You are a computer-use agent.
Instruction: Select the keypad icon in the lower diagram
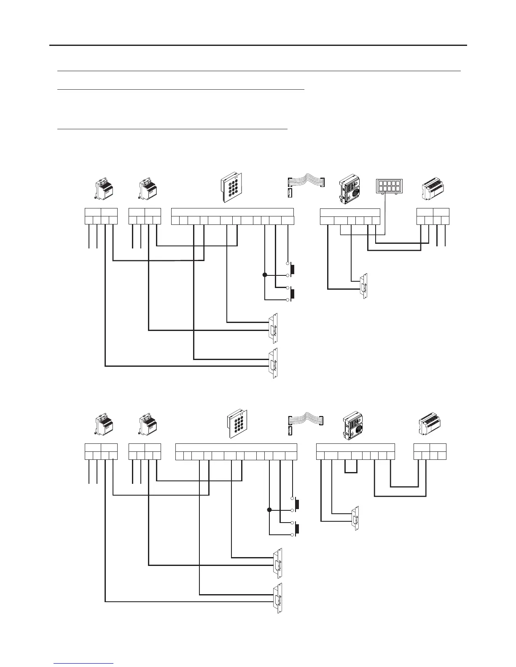[238, 424]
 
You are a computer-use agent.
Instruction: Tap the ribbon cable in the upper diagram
[306, 179]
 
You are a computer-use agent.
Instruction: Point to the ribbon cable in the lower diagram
[306, 419]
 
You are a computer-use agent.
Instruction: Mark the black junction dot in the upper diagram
[265, 275]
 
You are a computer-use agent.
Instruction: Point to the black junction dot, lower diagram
[269, 510]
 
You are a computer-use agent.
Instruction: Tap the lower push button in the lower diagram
[296, 528]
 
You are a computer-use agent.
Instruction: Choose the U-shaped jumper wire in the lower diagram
[351, 467]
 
